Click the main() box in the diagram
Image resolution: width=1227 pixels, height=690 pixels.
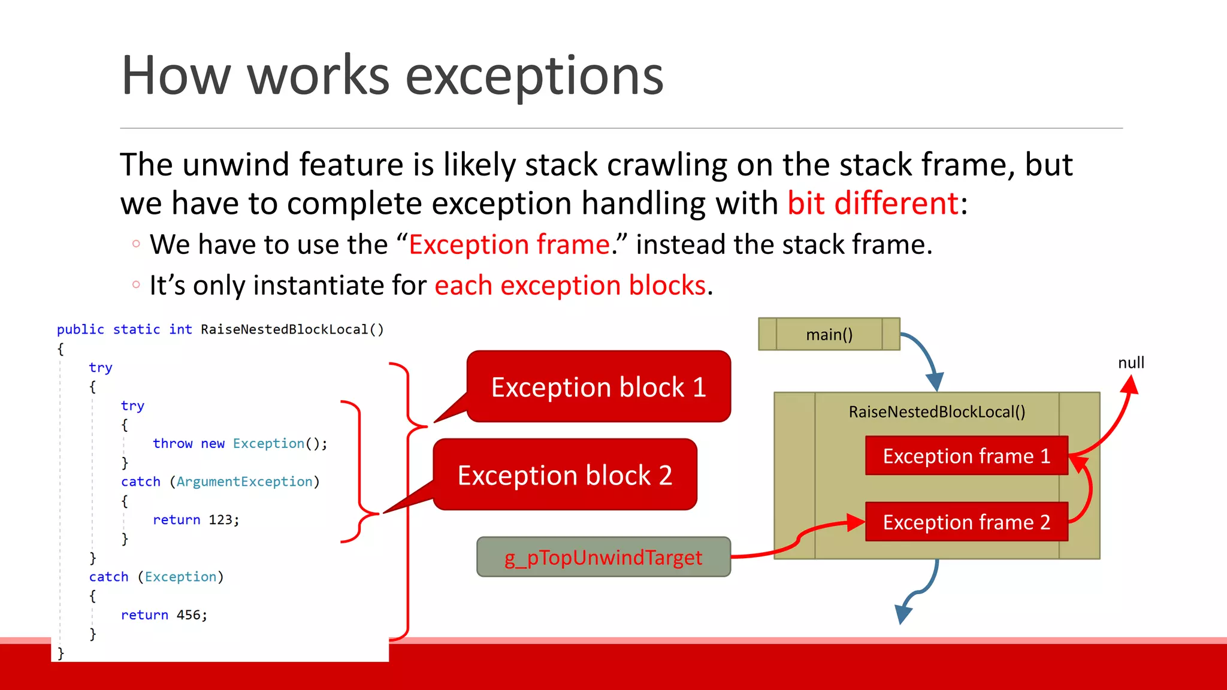(x=829, y=334)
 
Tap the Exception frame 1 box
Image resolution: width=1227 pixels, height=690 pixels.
(x=966, y=456)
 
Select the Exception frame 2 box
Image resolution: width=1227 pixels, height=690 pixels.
(x=966, y=522)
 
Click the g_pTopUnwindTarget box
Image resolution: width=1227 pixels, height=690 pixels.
(x=603, y=557)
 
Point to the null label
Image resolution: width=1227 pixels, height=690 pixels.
(x=1131, y=362)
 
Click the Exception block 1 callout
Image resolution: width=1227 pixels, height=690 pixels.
(x=598, y=387)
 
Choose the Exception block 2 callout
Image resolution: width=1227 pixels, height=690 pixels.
(x=564, y=475)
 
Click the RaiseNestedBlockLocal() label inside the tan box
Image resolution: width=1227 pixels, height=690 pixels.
(x=936, y=411)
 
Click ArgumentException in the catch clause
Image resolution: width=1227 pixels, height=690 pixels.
(x=244, y=482)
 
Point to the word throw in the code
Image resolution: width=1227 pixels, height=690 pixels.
(x=173, y=443)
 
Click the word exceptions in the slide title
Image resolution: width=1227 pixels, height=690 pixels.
(x=534, y=75)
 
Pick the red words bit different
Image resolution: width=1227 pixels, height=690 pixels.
(x=873, y=203)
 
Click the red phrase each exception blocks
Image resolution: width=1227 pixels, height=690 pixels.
(x=570, y=285)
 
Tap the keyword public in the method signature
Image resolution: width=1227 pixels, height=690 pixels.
(x=80, y=329)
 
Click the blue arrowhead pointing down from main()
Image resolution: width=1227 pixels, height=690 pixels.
(x=935, y=382)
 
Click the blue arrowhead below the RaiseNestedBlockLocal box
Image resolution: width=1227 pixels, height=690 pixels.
(x=902, y=614)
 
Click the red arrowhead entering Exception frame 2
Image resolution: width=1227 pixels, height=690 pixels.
(x=855, y=522)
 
